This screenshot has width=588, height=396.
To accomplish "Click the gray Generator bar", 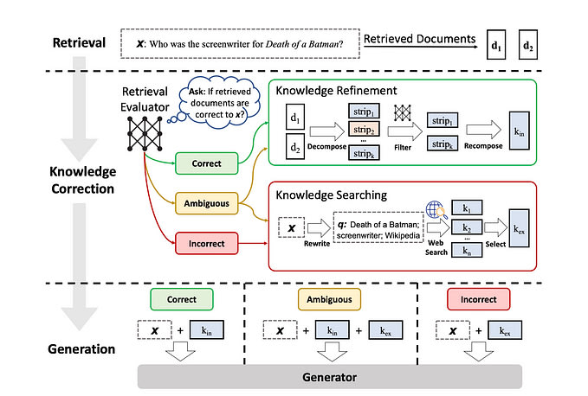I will [328, 376].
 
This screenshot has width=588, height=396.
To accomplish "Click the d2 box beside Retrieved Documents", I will [529, 44].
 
